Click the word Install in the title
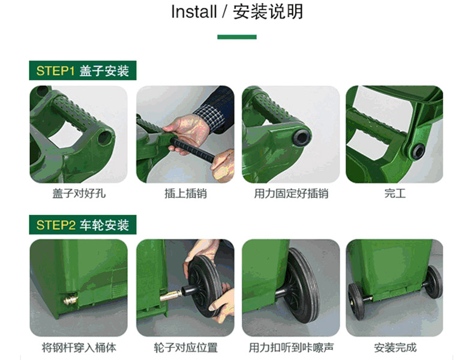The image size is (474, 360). (x=194, y=12)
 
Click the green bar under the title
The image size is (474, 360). (x=236, y=37)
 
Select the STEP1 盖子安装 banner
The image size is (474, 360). (x=83, y=70)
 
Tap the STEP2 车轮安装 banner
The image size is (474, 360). (x=83, y=224)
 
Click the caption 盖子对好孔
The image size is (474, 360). (x=79, y=193)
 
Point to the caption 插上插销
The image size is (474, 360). (x=185, y=193)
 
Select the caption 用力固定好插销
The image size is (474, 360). (x=291, y=193)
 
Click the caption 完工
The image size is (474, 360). (x=395, y=193)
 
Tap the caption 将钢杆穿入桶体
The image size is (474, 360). (x=79, y=347)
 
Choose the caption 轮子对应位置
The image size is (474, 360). (x=185, y=347)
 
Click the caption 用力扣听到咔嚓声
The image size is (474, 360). (x=291, y=347)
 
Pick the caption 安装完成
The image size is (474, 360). (x=395, y=347)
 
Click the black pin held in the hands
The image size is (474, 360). (x=193, y=149)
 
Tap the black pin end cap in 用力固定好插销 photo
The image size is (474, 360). (x=301, y=137)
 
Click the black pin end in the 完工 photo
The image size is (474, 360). (x=418, y=151)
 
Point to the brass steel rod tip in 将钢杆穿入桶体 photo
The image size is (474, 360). (x=70, y=300)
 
